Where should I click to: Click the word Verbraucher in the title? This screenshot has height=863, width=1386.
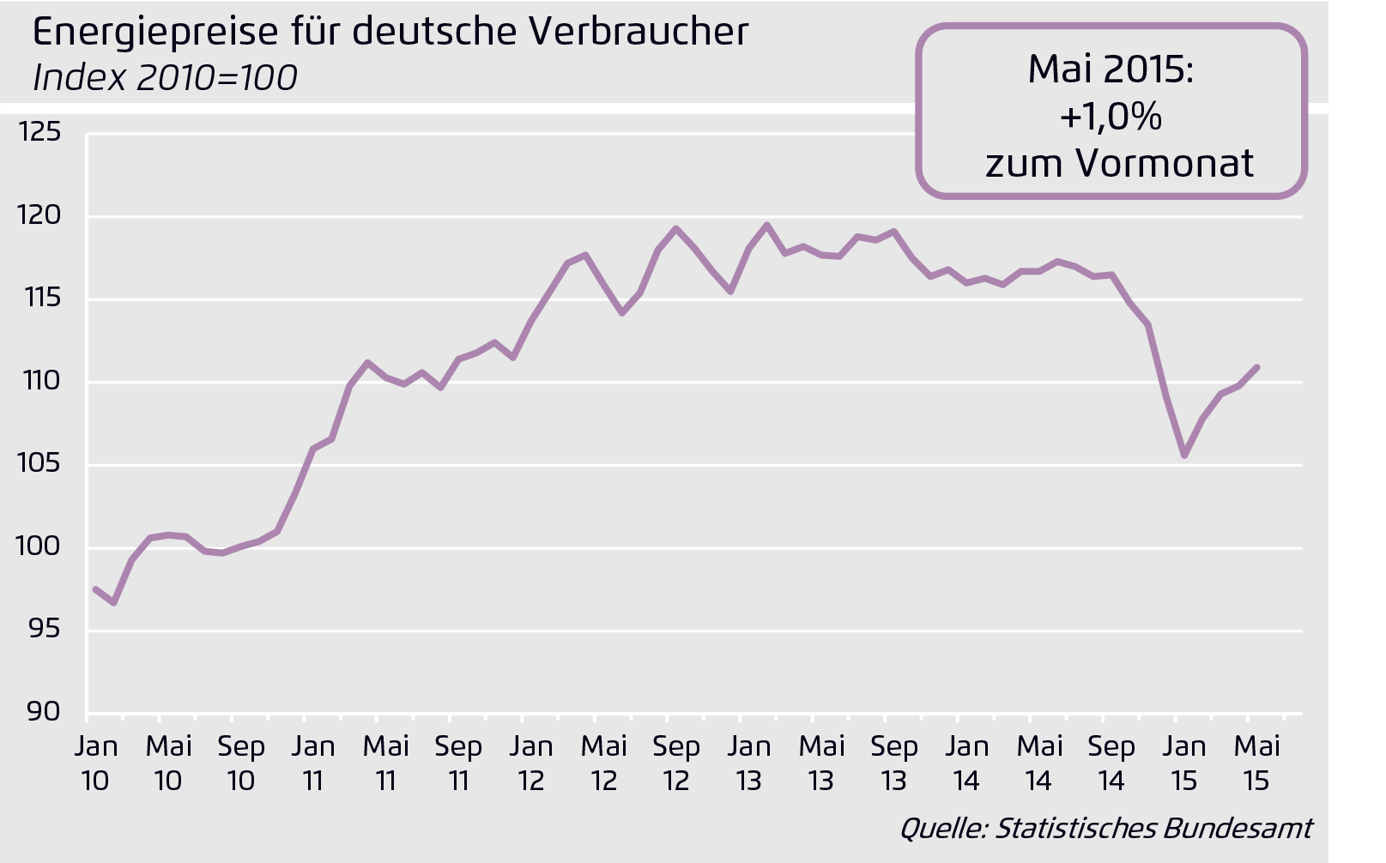coord(638,31)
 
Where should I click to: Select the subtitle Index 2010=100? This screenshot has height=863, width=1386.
coord(165,78)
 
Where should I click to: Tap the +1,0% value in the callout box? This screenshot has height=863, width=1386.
coord(1111,116)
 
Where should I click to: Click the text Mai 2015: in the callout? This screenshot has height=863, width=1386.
coord(1111,69)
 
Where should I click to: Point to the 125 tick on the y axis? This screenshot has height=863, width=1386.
coord(39,132)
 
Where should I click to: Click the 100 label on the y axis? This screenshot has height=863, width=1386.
coord(39,546)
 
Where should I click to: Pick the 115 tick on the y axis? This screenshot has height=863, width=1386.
coord(39,298)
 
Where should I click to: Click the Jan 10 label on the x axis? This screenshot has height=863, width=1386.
coord(95,763)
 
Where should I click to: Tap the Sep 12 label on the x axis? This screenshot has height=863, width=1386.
coord(676,763)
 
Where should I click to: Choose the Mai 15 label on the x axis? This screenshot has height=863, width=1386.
coord(1256,763)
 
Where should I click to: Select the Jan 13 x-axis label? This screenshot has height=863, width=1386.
coord(748,763)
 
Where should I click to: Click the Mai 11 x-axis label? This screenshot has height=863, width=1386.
coord(385,763)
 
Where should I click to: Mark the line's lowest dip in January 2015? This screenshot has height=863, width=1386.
coord(1184,455)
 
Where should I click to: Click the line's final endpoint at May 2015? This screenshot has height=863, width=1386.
coord(1257,367)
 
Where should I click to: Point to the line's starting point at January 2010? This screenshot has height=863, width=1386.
coord(95,588)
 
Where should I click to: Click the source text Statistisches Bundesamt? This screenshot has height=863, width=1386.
coord(1153,828)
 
